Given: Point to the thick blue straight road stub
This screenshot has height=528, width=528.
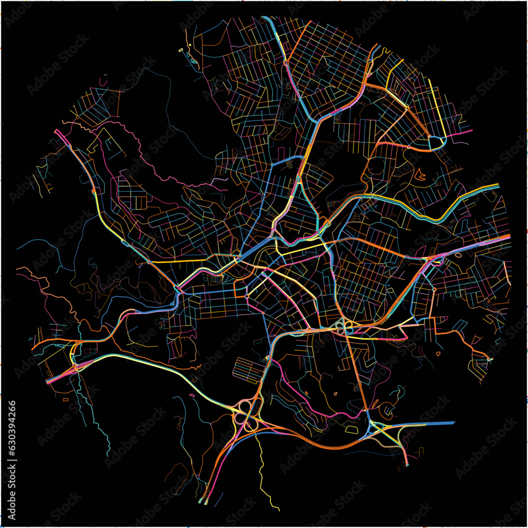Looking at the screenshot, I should coord(433,423).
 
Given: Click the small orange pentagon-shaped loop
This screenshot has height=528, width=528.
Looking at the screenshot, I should coord(438,354).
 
